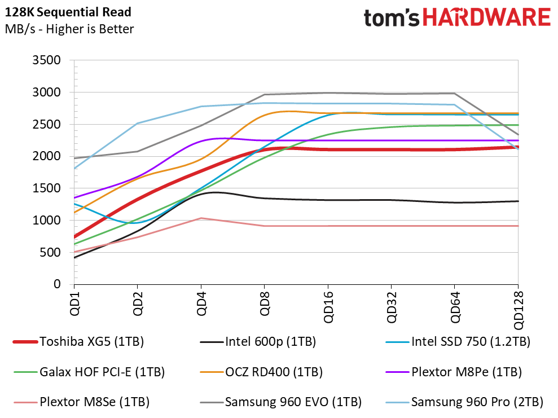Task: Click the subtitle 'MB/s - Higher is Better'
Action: tap(69, 29)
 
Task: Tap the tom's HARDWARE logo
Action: tap(456, 19)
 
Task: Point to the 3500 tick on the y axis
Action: tap(49, 60)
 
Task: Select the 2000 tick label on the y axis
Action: tap(49, 156)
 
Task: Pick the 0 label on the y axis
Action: tap(57, 285)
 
